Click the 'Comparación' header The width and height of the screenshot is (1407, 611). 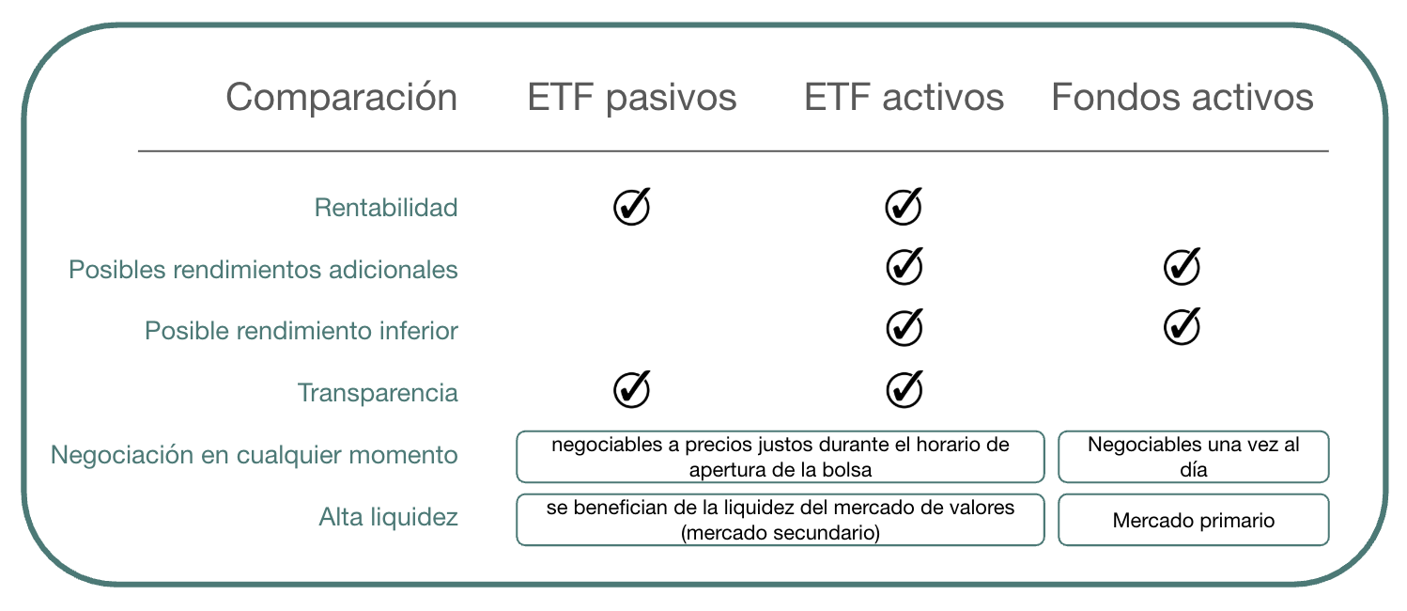342,98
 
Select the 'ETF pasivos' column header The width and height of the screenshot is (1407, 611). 632,98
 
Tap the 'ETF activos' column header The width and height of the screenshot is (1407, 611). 904,98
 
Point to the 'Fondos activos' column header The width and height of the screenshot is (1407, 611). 1183,98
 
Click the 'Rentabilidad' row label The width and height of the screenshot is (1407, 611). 386,208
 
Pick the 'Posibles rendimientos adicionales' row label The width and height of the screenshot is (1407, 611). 263,270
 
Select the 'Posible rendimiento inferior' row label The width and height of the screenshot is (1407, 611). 301,331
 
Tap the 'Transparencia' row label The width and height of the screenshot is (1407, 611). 378,393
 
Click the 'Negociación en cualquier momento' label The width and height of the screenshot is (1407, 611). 254,455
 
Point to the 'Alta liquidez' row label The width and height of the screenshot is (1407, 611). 388,517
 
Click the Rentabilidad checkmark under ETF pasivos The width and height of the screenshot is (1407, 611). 632,206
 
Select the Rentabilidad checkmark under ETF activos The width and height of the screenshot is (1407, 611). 904,206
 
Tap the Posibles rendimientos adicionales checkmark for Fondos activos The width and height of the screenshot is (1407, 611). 1183,267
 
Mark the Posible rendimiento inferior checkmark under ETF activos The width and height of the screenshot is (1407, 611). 904,327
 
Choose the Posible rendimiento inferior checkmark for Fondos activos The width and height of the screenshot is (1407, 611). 1183,326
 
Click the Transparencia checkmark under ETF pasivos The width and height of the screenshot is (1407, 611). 632,389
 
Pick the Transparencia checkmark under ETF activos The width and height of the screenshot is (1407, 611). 904,389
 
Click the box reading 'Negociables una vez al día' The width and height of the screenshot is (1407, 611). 1194,457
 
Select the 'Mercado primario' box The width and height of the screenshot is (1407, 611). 1194,520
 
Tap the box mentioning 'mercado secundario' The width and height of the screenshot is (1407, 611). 781,520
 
